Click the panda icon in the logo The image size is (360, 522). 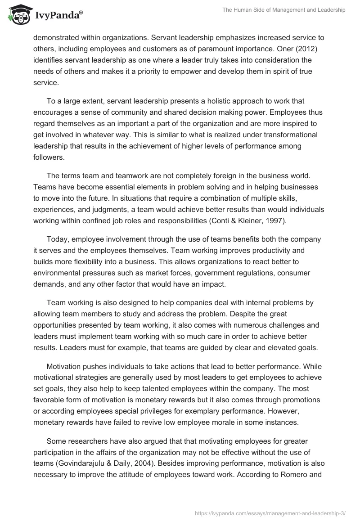click(x=17, y=15)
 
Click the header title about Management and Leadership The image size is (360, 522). click(x=284, y=10)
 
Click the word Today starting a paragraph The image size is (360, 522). click(x=57, y=238)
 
